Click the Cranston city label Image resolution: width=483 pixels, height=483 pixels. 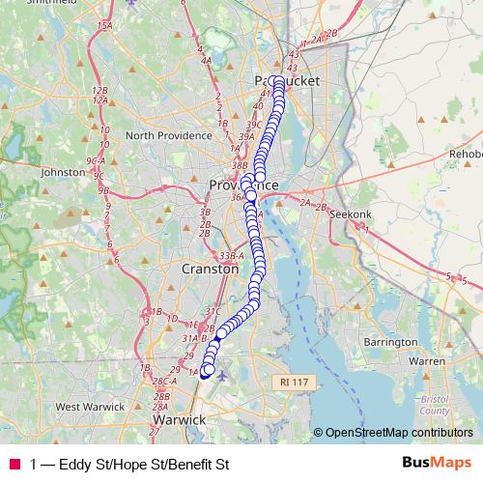click(x=210, y=270)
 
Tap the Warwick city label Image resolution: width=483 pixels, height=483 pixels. click(x=180, y=420)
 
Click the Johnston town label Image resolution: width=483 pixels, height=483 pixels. click(x=64, y=172)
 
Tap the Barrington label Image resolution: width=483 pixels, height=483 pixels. click(x=390, y=342)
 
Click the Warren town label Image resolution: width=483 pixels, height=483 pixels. click(x=427, y=361)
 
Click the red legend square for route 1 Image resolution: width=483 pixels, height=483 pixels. click(x=14, y=465)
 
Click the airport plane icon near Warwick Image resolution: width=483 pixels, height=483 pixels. click(x=222, y=375)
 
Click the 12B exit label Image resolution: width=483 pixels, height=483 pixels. click(x=99, y=90)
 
